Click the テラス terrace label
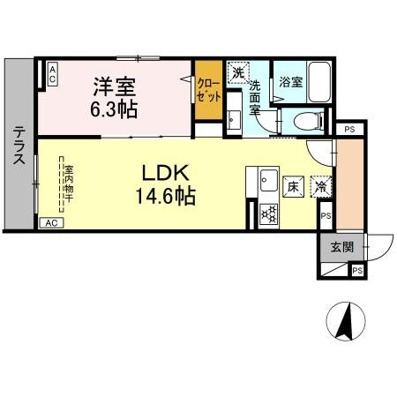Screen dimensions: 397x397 [18, 145]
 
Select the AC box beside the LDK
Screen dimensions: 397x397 [52, 224]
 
